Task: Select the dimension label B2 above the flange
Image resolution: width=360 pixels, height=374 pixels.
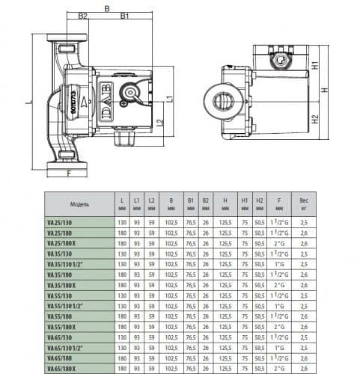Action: tap(83, 15)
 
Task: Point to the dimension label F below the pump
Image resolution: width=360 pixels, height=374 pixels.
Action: tap(70, 175)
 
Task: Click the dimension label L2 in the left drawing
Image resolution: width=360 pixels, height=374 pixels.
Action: tap(160, 123)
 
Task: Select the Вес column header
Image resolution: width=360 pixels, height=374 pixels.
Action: tap(303, 203)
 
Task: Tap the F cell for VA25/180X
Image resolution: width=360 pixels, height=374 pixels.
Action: tap(280, 243)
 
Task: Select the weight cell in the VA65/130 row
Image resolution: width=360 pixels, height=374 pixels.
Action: tap(303, 337)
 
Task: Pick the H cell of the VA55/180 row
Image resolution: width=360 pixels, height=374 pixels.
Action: tap(225, 316)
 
